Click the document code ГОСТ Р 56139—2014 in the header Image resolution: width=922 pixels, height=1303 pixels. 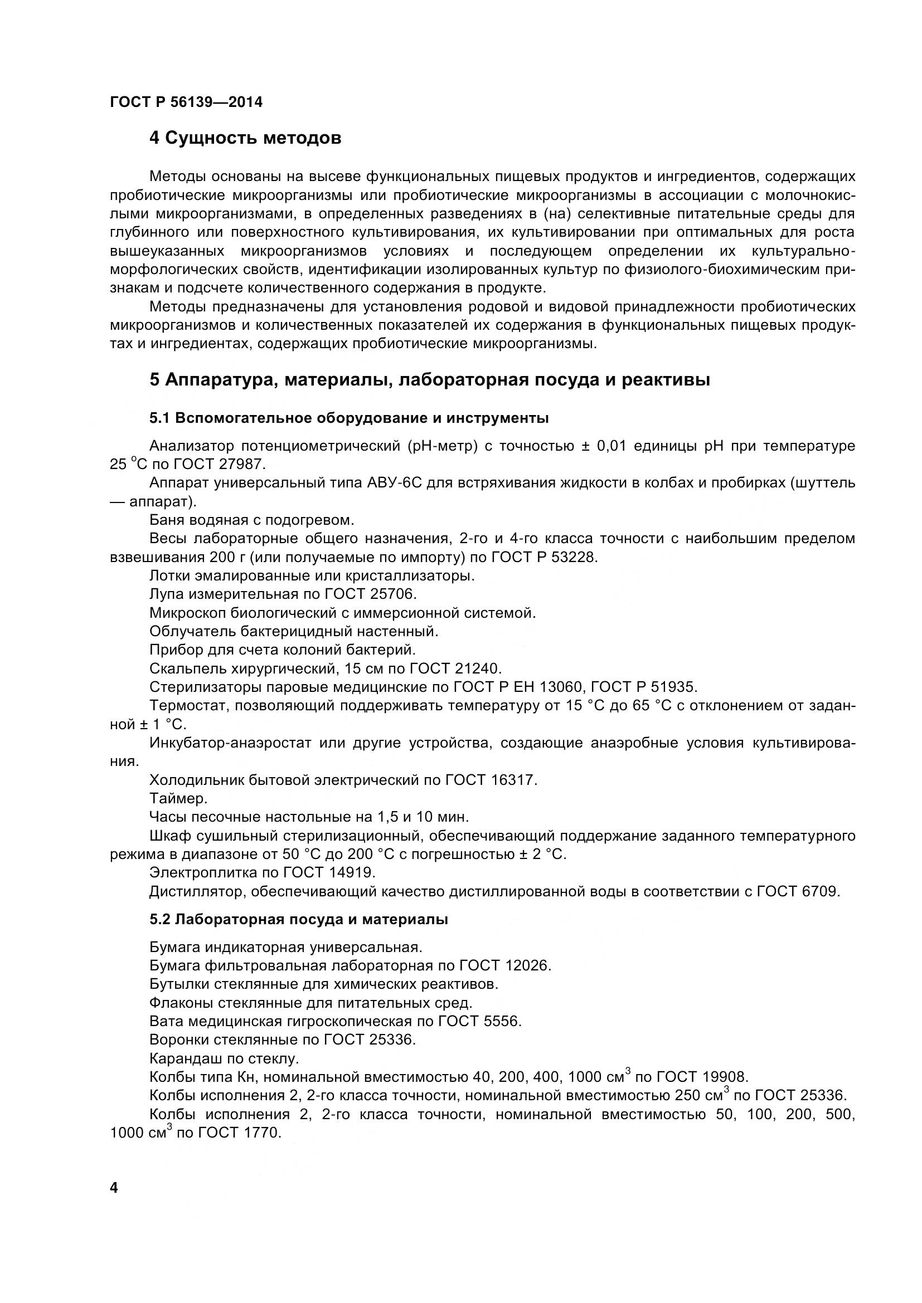point(186,103)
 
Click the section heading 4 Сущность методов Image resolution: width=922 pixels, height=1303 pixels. point(245,138)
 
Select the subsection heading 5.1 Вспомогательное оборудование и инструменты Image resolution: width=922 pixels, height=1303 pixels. point(348,418)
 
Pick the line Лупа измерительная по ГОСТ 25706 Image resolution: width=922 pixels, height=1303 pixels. point(283,594)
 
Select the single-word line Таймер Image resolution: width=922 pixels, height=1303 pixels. point(178,798)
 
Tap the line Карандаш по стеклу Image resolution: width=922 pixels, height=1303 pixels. point(224,1058)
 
